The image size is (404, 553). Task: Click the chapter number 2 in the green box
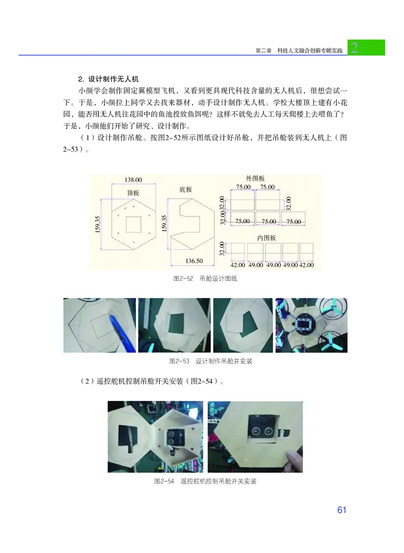click(355, 48)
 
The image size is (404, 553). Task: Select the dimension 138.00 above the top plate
click(133, 179)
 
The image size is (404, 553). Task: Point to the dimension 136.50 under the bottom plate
click(194, 261)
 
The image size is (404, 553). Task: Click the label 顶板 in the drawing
click(133, 193)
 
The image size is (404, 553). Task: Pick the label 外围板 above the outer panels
click(255, 178)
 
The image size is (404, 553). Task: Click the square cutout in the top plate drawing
click(134, 224)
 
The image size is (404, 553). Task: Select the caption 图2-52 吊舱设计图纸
click(205, 279)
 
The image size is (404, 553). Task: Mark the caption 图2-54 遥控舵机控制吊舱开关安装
click(205, 481)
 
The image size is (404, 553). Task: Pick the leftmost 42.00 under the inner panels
click(237, 264)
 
